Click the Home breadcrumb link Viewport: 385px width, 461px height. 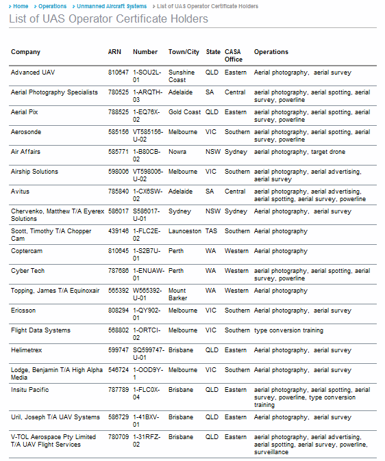click(x=21, y=6)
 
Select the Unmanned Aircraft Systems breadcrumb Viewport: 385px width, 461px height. click(x=112, y=6)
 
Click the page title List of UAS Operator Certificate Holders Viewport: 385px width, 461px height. click(x=108, y=18)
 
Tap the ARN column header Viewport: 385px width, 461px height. click(x=114, y=52)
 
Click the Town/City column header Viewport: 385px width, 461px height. click(x=184, y=52)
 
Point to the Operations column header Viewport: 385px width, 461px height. click(x=271, y=52)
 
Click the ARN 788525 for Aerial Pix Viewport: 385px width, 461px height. click(x=118, y=112)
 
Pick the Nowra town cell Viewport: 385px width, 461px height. click(x=177, y=152)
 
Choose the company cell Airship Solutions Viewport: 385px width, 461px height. click(x=34, y=172)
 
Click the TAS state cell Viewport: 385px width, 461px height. click(x=212, y=231)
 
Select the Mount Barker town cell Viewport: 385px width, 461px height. click(x=178, y=294)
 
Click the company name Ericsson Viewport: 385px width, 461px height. click(x=23, y=311)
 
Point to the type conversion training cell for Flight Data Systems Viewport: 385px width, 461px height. click(x=288, y=330)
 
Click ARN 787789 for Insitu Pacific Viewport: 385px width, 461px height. click(x=118, y=390)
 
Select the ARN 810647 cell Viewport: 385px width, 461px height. click(x=118, y=73)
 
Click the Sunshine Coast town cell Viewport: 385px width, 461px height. click(x=182, y=76)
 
